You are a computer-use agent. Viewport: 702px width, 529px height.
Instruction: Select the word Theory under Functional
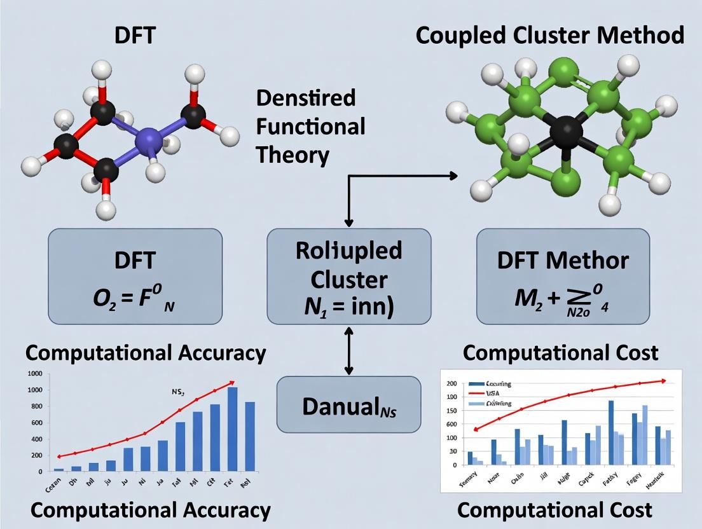tap(292, 155)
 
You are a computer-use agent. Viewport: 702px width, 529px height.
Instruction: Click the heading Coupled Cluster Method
tap(550, 35)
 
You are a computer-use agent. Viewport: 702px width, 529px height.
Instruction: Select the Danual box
tap(348, 405)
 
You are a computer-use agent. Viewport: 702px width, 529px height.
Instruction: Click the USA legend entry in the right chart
tap(493, 394)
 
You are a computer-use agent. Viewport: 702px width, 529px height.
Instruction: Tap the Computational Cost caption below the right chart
tap(554, 509)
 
